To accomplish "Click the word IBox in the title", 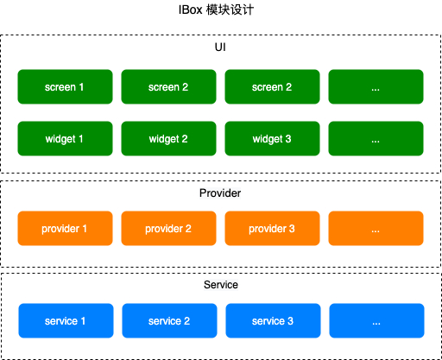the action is pos(190,10).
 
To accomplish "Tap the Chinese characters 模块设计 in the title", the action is pos(230,10).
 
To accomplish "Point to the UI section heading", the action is pos(220,47).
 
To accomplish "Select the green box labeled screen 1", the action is pos(65,86).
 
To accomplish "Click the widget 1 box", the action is pos(65,138).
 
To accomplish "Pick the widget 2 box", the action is pos(168,138).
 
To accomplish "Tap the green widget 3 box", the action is pos(272,138).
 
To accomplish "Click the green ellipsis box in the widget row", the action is pos(376,138).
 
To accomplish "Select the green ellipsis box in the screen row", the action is pos(376,86).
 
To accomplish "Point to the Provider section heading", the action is pos(220,193).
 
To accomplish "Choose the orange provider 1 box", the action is pos(65,228).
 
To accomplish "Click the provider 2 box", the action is pos(168,228).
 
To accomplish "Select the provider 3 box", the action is pos(272,228).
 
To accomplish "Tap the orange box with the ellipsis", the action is pos(376,228).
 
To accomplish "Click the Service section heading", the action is pos(221,285).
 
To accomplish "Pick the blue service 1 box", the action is pos(66,320).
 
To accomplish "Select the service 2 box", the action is pos(169,320).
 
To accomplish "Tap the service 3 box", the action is pos(273,320).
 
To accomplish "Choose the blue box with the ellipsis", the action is pos(376,320).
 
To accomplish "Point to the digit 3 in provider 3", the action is pos(292,229).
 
